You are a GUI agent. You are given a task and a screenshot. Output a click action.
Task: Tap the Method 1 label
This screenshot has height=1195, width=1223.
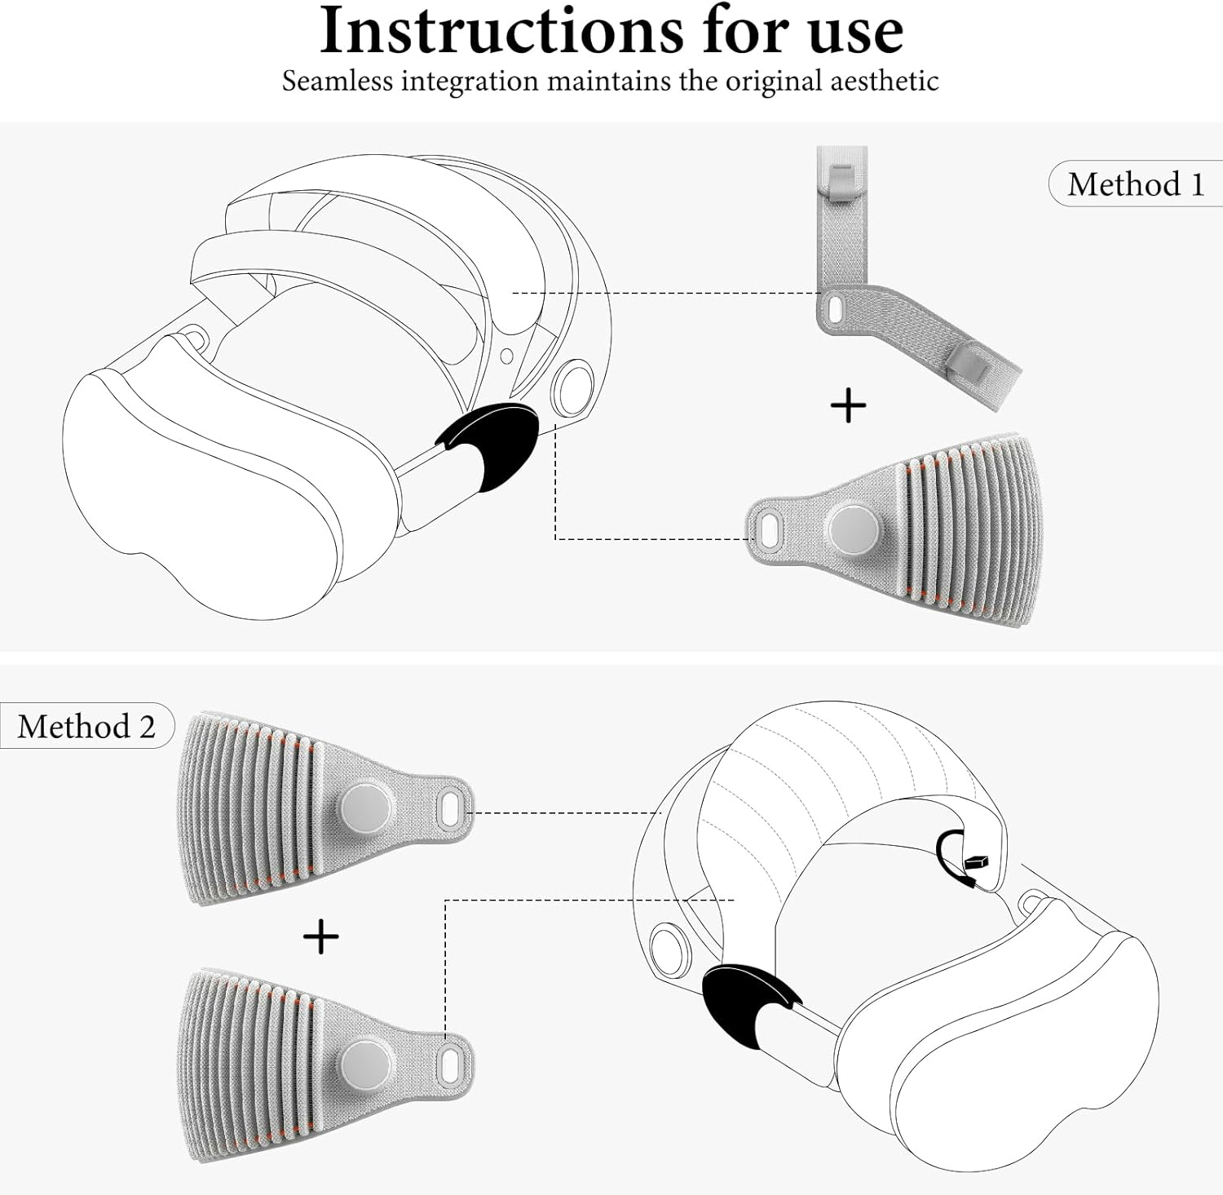click(x=1135, y=184)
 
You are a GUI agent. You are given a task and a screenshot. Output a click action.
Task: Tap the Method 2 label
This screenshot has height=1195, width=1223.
click(x=86, y=726)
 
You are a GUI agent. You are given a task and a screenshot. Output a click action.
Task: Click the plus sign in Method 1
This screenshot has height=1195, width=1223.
click(x=848, y=405)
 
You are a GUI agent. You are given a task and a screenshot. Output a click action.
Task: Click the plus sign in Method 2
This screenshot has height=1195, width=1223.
click(x=320, y=936)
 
